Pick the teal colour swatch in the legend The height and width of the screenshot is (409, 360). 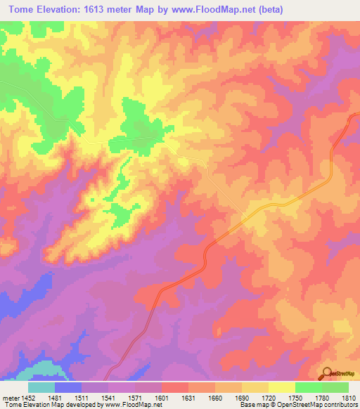41,387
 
